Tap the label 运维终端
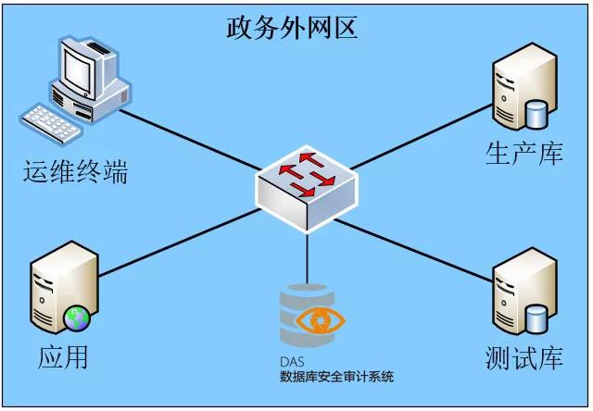[x=76, y=171]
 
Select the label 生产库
[x=524, y=153]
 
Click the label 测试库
[x=524, y=357]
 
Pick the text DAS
[x=293, y=362]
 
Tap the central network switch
[x=305, y=186]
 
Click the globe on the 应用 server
[x=76, y=319]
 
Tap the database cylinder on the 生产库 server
[x=536, y=115]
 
